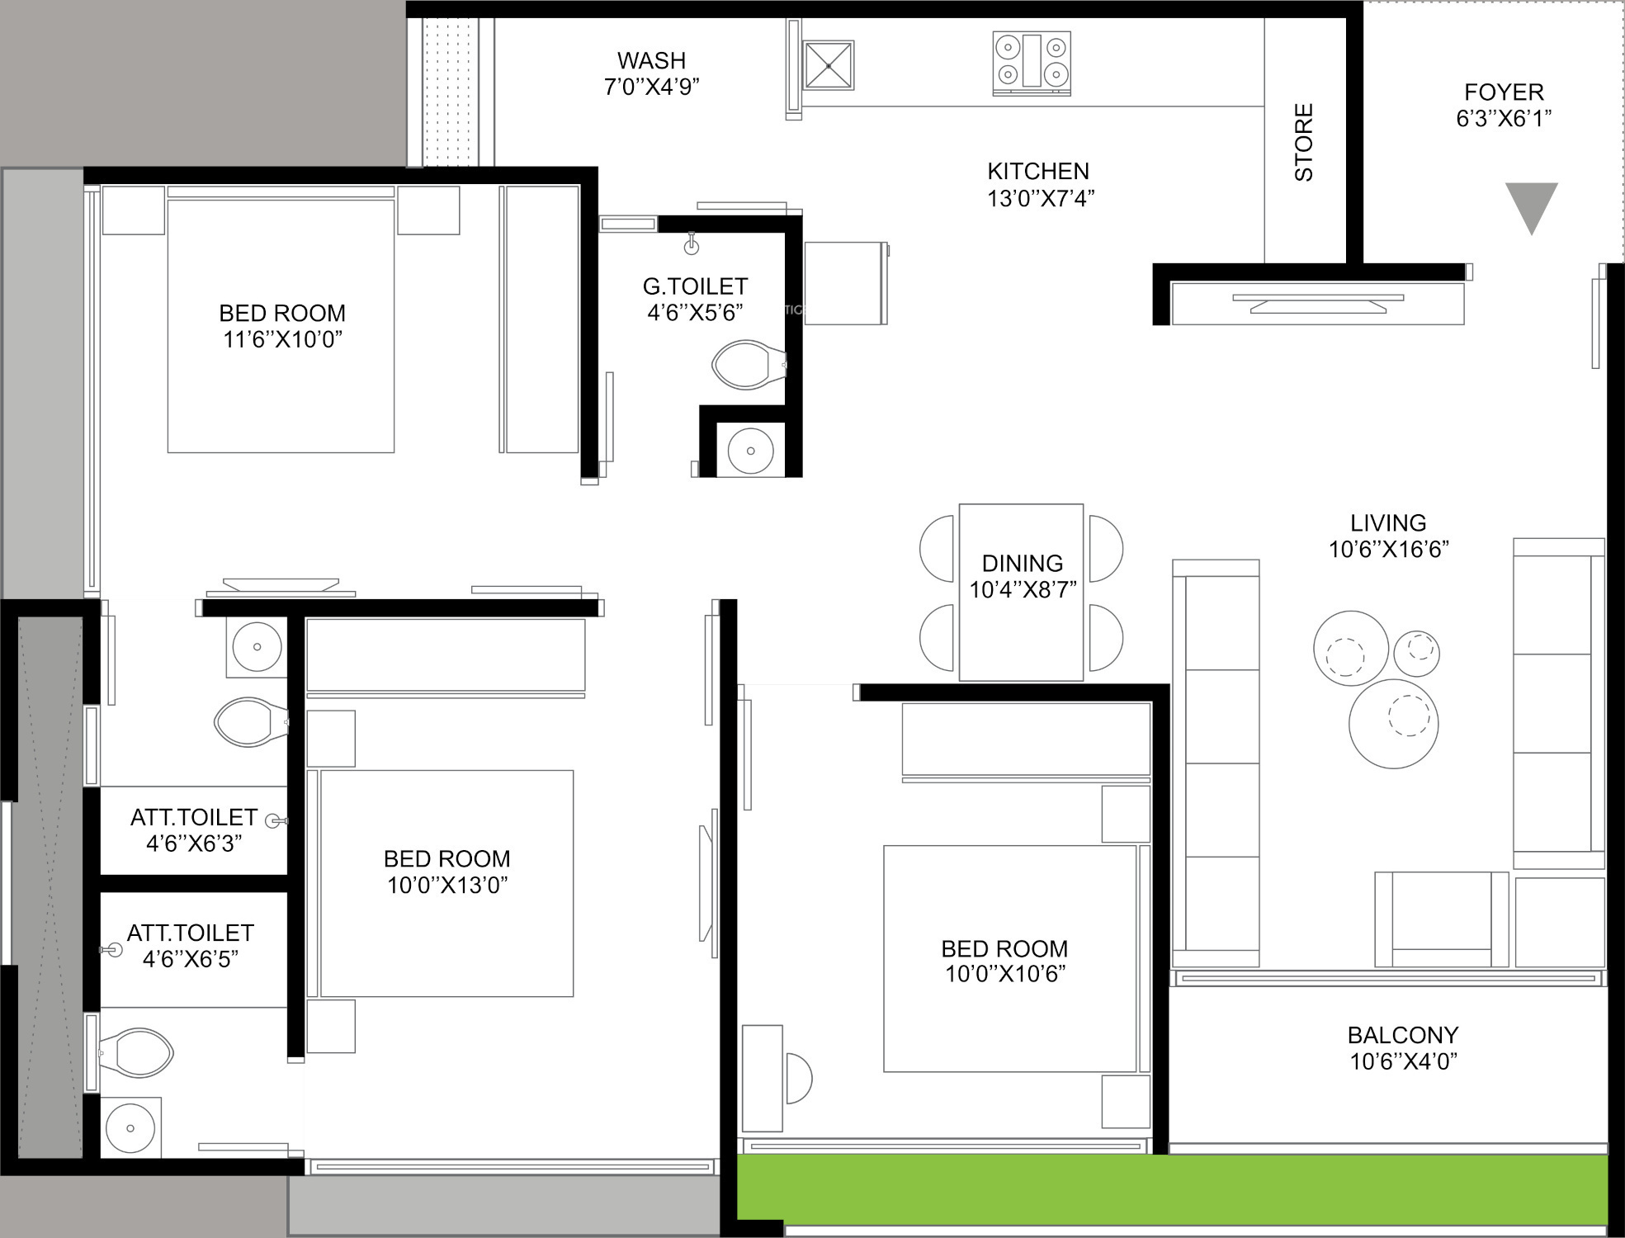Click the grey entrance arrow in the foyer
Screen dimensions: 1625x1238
click(1531, 205)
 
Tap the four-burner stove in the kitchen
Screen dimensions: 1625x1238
click(1032, 61)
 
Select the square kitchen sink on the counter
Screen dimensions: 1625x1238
click(828, 64)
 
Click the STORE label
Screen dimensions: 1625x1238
click(1303, 142)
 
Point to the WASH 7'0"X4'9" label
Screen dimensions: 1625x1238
click(652, 73)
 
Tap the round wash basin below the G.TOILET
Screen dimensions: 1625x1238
click(750, 451)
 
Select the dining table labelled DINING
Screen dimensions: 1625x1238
click(1021, 592)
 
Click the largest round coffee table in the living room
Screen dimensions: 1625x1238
click(1393, 724)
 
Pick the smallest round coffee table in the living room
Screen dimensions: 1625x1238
click(1417, 653)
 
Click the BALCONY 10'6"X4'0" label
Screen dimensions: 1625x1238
click(1403, 1048)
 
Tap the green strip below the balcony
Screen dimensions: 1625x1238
click(1172, 1189)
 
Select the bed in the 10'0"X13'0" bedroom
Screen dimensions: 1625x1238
click(446, 883)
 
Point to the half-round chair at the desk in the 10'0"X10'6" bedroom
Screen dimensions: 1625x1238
click(799, 1078)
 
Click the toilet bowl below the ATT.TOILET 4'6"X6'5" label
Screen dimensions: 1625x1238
click(137, 1052)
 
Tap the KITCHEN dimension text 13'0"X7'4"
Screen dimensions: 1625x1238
click(1040, 198)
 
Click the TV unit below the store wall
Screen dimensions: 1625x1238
click(1318, 303)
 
